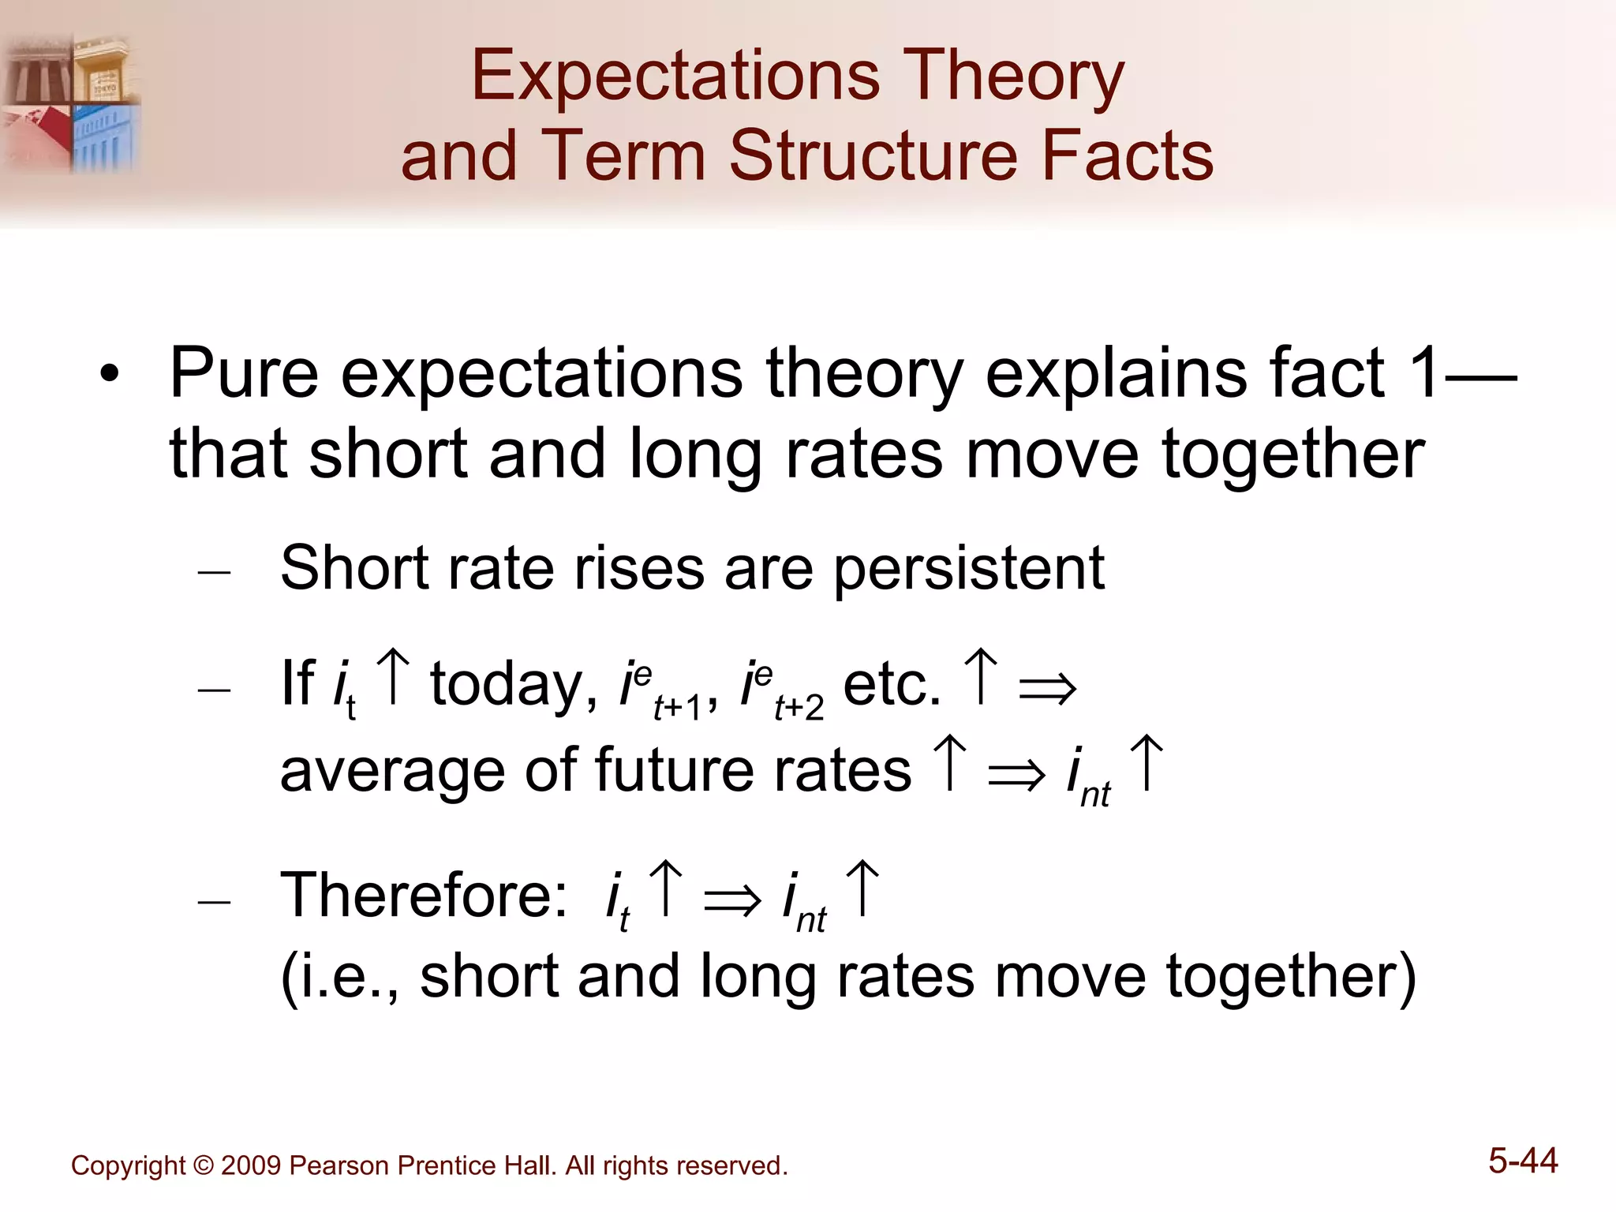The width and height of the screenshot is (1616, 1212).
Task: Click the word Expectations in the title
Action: [675, 77]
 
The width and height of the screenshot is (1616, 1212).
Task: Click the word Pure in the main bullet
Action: [244, 372]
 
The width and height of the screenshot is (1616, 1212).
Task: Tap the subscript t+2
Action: [799, 708]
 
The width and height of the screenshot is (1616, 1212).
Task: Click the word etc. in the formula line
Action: [892, 685]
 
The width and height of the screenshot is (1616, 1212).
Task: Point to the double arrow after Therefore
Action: [732, 900]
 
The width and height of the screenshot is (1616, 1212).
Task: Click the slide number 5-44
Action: [1523, 1161]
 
